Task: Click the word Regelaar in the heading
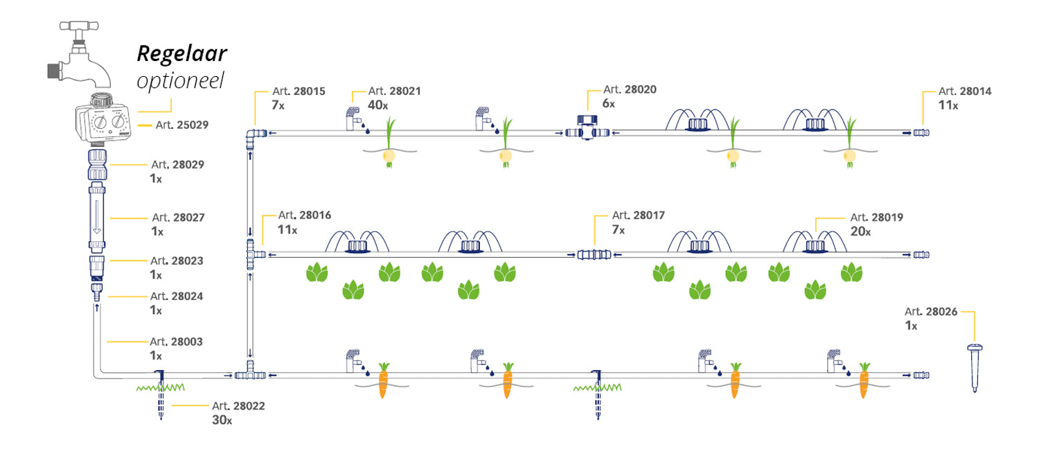(x=182, y=53)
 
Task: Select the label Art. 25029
(x=181, y=125)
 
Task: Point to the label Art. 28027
(x=178, y=218)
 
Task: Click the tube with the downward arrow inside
(x=97, y=218)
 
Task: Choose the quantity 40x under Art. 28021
(x=378, y=105)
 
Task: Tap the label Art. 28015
(x=298, y=91)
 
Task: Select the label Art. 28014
(x=964, y=91)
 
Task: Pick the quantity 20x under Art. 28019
(x=861, y=231)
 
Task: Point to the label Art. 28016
(x=305, y=216)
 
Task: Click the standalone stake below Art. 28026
(x=975, y=368)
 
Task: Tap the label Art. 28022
(x=238, y=406)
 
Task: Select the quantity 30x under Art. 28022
(x=222, y=420)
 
